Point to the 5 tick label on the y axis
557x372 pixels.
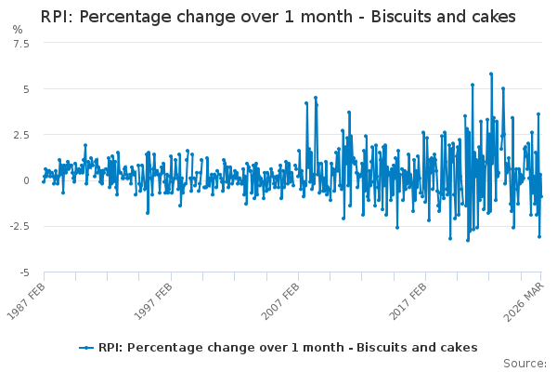(26, 89)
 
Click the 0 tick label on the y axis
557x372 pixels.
(26, 180)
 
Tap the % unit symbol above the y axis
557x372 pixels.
(18, 30)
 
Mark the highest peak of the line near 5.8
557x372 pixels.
(491, 73)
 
